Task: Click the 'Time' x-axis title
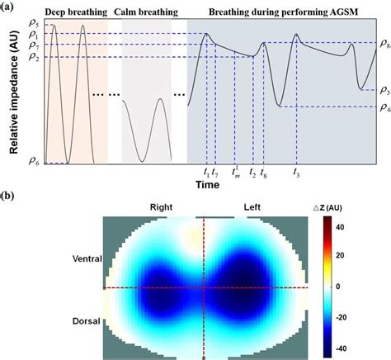click(x=207, y=185)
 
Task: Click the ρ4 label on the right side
click(x=384, y=108)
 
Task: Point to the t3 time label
click(x=295, y=173)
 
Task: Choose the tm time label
click(x=236, y=173)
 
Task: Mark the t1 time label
click(x=205, y=173)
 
